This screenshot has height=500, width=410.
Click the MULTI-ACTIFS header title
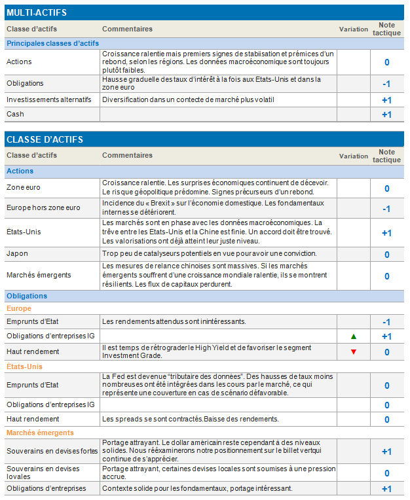pyautogui.click(x=37, y=12)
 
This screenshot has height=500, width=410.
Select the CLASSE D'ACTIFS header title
pyautogui.click(x=45, y=139)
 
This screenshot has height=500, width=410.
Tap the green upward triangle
pyautogui.click(x=354, y=336)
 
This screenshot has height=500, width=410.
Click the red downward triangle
pyautogui.click(x=354, y=352)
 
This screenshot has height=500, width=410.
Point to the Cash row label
pyautogui.click(x=14, y=114)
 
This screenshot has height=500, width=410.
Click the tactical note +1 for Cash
pyautogui.click(x=386, y=115)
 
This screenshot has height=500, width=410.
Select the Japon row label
pyautogui.click(x=17, y=253)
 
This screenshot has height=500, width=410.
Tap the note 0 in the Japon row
pyautogui.click(x=387, y=255)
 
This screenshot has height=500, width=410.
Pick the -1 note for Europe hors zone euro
pyautogui.click(x=386, y=209)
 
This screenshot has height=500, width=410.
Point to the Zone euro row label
pyautogui.click(x=24, y=187)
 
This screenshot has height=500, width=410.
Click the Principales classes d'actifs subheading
pyautogui.click(x=52, y=43)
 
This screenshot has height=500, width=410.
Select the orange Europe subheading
pyautogui.click(x=19, y=308)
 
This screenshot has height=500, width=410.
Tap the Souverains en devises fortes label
pyautogui.click(x=52, y=451)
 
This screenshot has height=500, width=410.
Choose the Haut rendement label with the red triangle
pyautogui.click(x=33, y=351)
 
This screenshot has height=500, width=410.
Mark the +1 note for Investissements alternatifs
pyautogui.click(x=386, y=100)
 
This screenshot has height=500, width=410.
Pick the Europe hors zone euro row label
pyautogui.click(x=43, y=207)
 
